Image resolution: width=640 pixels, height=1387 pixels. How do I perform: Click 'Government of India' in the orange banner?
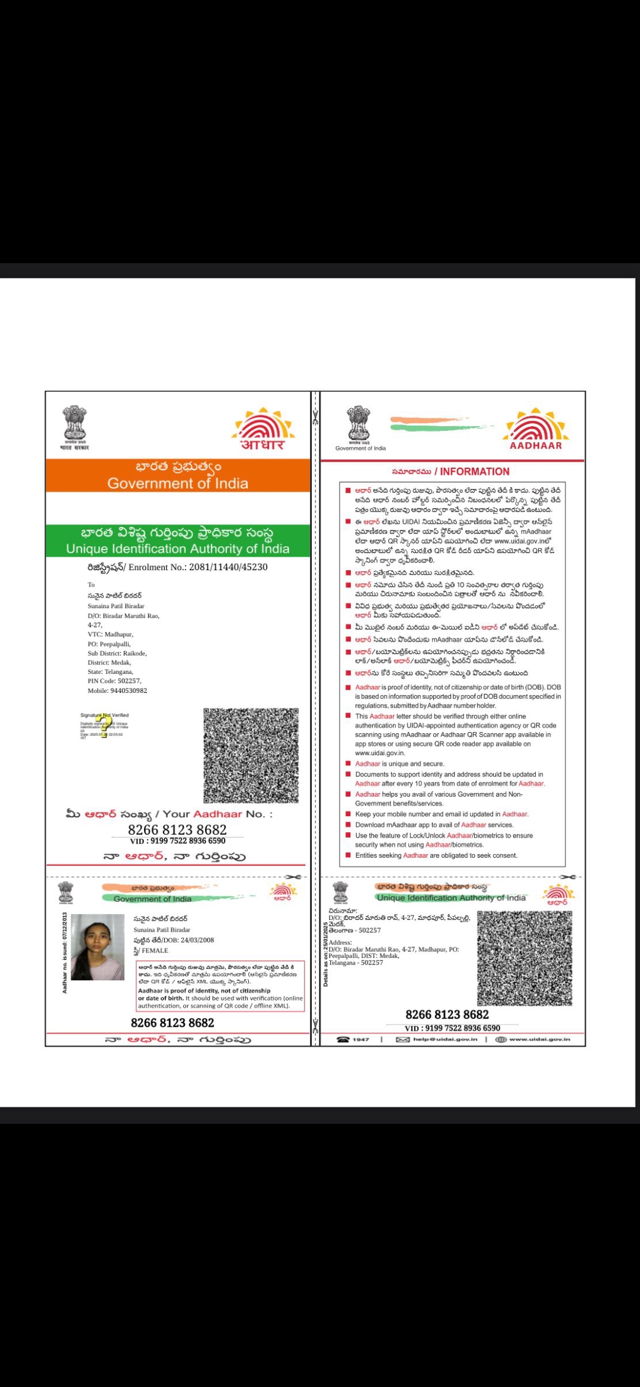(x=178, y=484)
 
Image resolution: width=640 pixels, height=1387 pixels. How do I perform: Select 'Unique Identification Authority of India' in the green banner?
(x=178, y=549)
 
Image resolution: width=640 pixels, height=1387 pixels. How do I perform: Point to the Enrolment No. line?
(x=178, y=567)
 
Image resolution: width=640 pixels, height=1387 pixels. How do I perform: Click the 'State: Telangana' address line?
(x=110, y=672)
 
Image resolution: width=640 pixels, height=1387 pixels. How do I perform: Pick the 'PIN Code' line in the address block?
(x=114, y=681)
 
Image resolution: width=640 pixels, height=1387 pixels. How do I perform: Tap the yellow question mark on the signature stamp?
(x=103, y=727)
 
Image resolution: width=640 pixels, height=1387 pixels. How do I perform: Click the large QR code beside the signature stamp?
(x=251, y=755)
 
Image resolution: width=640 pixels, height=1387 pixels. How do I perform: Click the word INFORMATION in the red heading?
(x=475, y=472)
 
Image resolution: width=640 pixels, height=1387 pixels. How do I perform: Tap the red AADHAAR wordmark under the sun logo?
(x=536, y=446)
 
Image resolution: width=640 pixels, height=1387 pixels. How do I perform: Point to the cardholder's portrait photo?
(x=97, y=947)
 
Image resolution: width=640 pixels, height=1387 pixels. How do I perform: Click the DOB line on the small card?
(x=174, y=940)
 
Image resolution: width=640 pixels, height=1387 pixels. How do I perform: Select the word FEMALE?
(x=155, y=951)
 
